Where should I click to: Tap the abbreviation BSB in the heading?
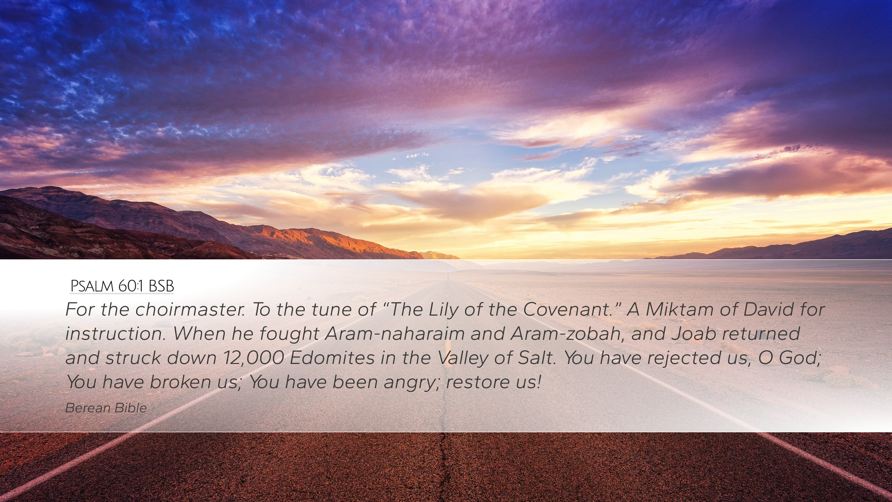(x=161, y=286)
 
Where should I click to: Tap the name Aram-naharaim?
(x=395, y=333)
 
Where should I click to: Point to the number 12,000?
(x=254, y=358)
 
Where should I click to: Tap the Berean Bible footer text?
(x=106, y=408)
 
